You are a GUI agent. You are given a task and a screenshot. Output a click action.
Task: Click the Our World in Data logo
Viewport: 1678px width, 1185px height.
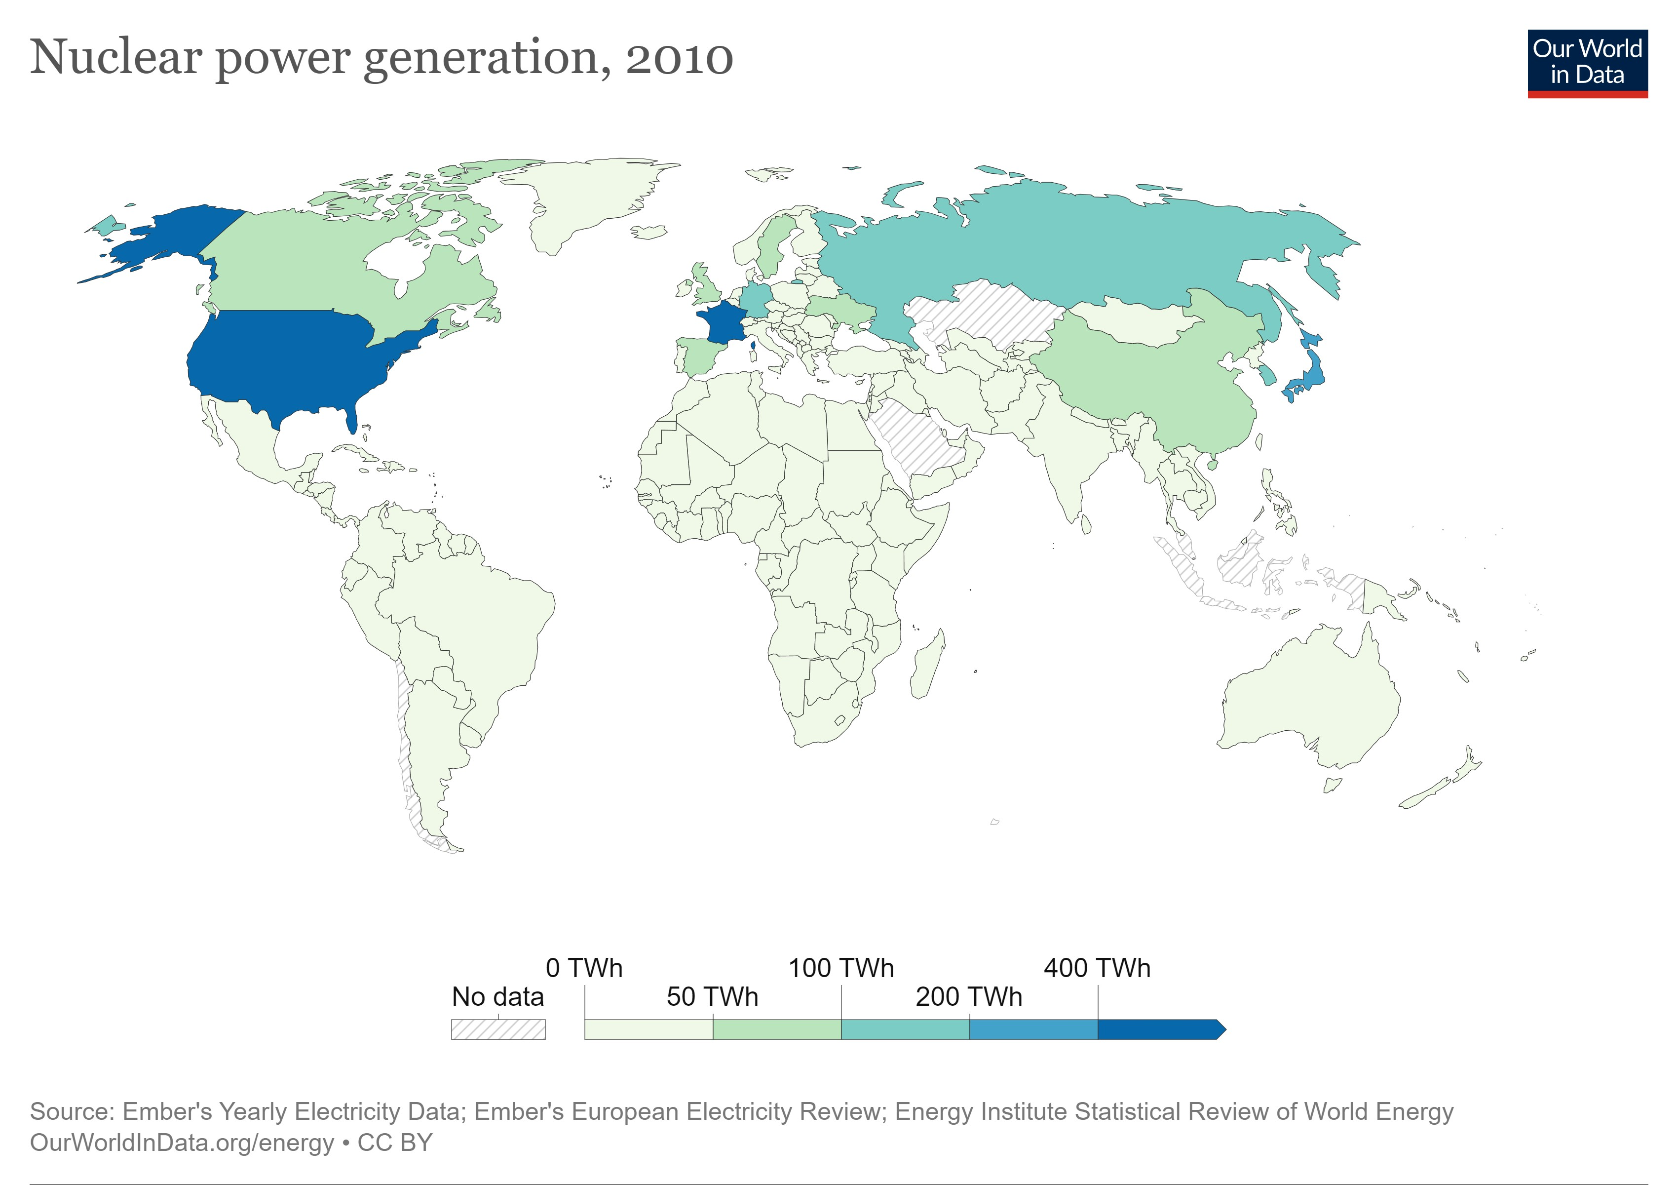(1587, 63)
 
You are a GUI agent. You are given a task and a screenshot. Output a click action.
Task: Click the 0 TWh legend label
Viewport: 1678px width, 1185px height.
(583, 968)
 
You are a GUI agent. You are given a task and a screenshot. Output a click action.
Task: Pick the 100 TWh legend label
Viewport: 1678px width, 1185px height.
(840, 968)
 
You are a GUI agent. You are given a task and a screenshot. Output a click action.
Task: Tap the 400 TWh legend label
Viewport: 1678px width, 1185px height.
(1097, 968)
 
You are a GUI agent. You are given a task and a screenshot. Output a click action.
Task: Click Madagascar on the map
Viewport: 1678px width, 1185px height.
(927, 665)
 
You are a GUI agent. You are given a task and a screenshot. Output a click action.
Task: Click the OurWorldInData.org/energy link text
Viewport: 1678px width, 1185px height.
(181, 1142)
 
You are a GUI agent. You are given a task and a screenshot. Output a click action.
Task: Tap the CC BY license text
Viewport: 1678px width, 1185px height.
(395, 1142)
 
